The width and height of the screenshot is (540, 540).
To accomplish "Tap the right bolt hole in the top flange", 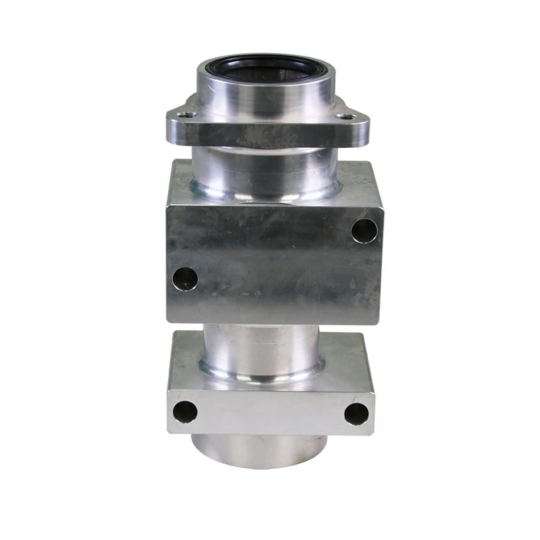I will click(x=347, y=117).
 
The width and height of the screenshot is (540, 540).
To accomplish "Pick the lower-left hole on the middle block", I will click(x=184, y=277).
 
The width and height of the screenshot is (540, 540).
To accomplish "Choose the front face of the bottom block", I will click(x=270, y=412).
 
